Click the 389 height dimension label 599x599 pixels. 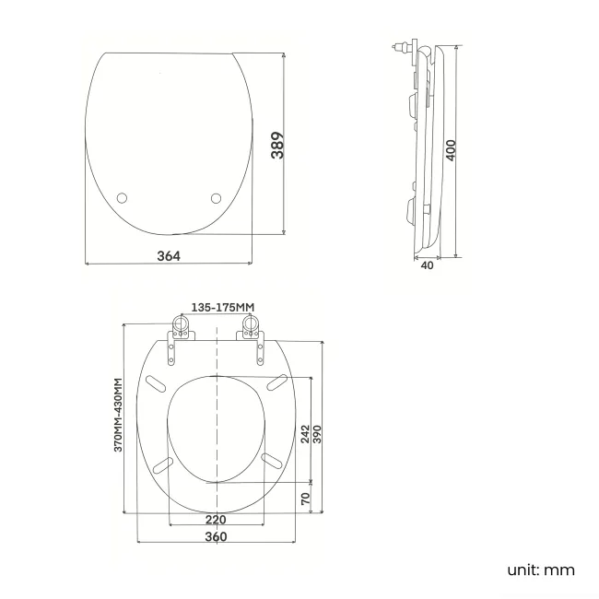277,145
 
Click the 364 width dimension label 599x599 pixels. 168,255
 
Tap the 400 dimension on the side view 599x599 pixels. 452,150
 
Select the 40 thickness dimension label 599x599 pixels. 426,265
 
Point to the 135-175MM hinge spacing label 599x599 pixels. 221,307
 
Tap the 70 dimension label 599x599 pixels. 305,498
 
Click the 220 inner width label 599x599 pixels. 216,520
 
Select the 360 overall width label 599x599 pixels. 216,537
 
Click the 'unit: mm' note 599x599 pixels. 541,570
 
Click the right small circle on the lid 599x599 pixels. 217,197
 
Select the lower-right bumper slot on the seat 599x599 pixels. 273,459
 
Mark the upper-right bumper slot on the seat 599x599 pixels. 275,382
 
